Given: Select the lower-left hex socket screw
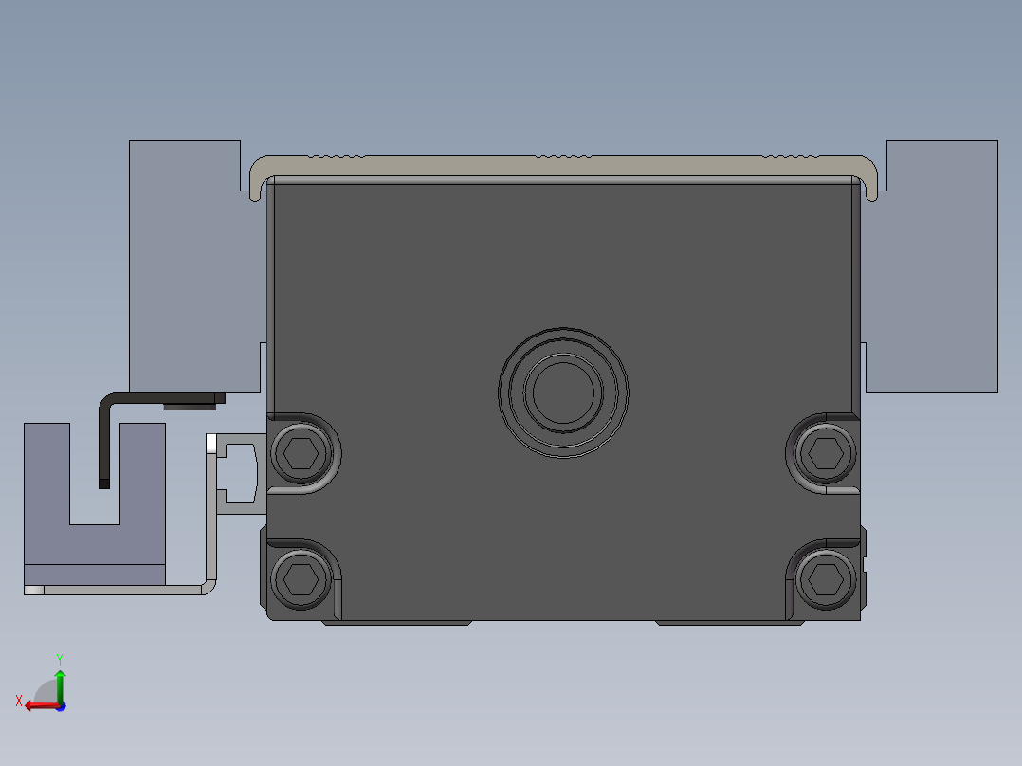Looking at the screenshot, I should point(301,576).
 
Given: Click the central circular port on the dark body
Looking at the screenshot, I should point(563,392).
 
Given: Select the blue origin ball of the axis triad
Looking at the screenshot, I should point(60,705).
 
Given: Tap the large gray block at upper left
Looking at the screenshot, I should point(185,265).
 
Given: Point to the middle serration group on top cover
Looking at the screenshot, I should point(563,155).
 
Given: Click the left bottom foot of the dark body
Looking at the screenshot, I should point(397,623).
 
